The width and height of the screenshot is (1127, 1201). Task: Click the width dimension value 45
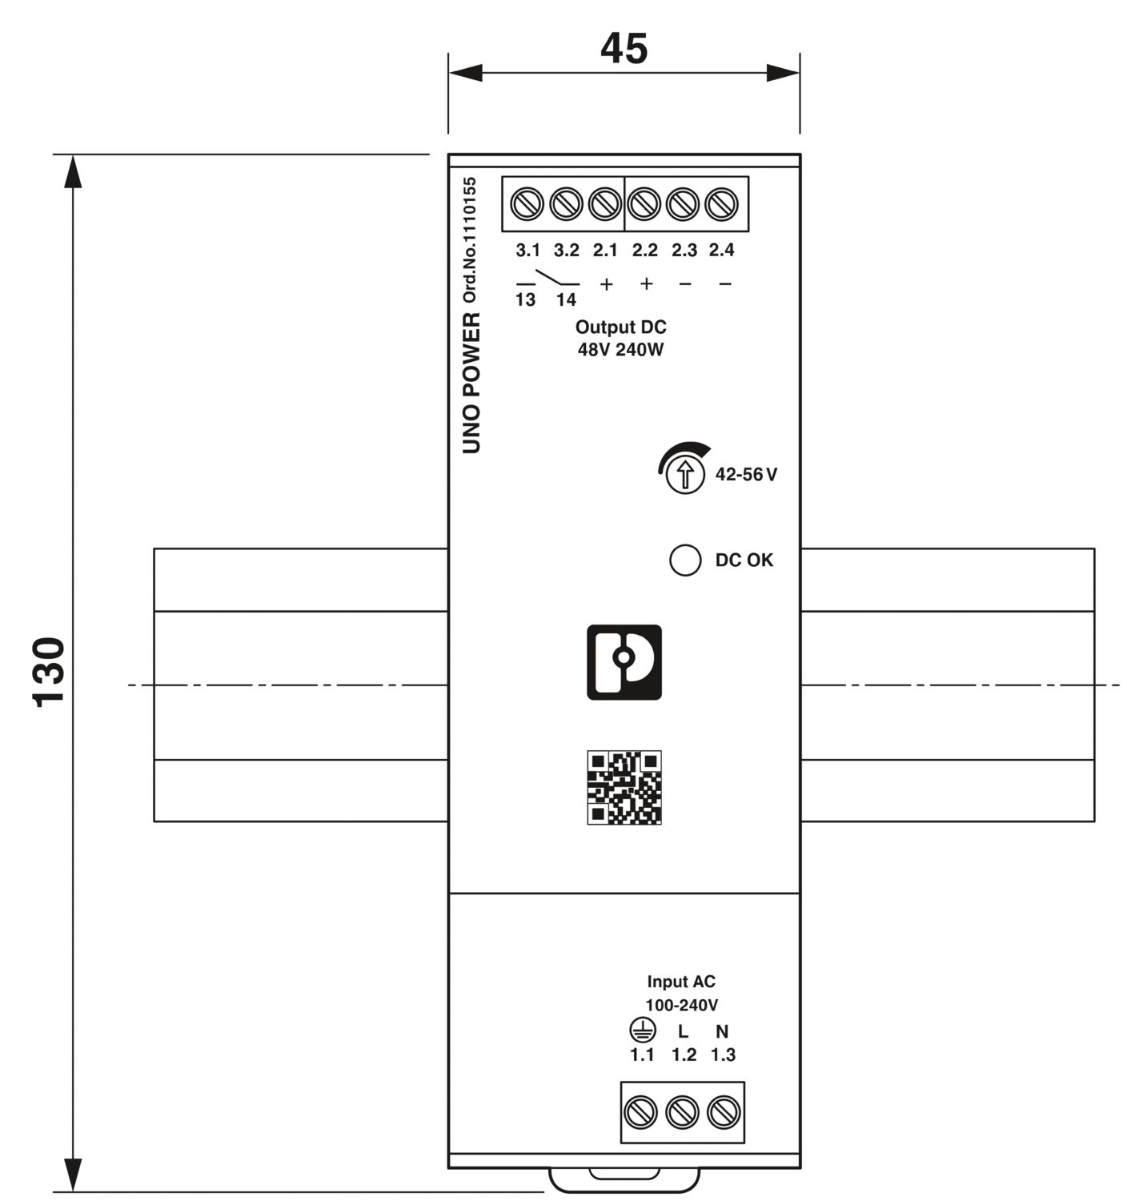pyautogui.click(x=624, y=48)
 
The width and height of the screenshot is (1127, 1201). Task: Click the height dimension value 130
pyautogui.click(x=48, y=672)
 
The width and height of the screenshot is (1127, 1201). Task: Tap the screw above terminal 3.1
pyautogui.click(x=527, y=204)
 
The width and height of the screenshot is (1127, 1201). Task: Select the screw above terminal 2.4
pyautogui.click(x=722, y=204)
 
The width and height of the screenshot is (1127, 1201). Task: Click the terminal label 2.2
pyautogui.click(x=644, y=250)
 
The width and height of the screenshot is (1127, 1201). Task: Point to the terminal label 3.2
pyautogui.click(x=567, y=250)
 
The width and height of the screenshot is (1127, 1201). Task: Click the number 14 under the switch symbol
pyautogui.click(x=566, y=299)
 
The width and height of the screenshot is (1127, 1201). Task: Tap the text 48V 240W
pyautogui.click(x=620, y=350)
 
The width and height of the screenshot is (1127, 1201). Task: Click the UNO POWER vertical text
pyautogui.click(x=471, y=383)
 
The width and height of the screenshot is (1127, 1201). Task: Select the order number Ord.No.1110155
pyautogui.click(x=470, y=239)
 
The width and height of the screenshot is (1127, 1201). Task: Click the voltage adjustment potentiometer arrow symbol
pyautogui.click(x=685, y=474)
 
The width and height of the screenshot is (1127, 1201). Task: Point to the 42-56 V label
pyautogui.click(x=746, y=474)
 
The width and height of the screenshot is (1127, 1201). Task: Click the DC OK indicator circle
pyautogui.click(x=686, y=560)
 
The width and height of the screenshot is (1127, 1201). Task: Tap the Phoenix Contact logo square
pyautogui.click(x=624, y=662)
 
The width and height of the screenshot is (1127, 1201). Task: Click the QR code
pyautogui.click(x=624, y=787)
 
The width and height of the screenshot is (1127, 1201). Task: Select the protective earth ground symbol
pyautogui.click(x=643, y=1030)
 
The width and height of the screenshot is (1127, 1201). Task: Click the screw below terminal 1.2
pyautogui.click(x=683, y=1112)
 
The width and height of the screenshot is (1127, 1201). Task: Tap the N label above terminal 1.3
pyautogui.click(x=722, y=1031)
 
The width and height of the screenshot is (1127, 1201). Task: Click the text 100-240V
pyautogui.click(x=681, y=1005)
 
